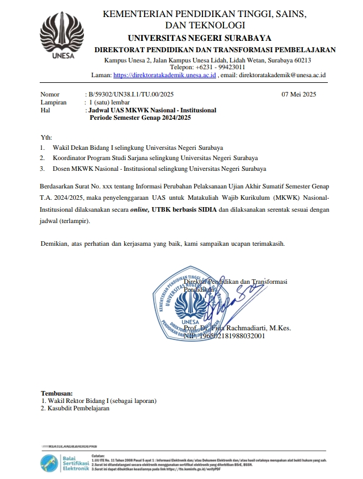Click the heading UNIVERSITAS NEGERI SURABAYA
coord(208,38)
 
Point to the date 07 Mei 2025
coord(299,95)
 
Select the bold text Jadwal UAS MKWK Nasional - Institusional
coord(153,111)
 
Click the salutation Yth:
coord(47,138)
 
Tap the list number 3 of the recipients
coord(43,169)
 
